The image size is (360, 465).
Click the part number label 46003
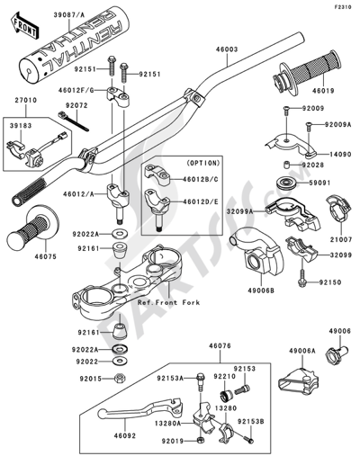[225, 55]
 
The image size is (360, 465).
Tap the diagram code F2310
[346, 7]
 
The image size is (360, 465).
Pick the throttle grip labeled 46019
[310, 68]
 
